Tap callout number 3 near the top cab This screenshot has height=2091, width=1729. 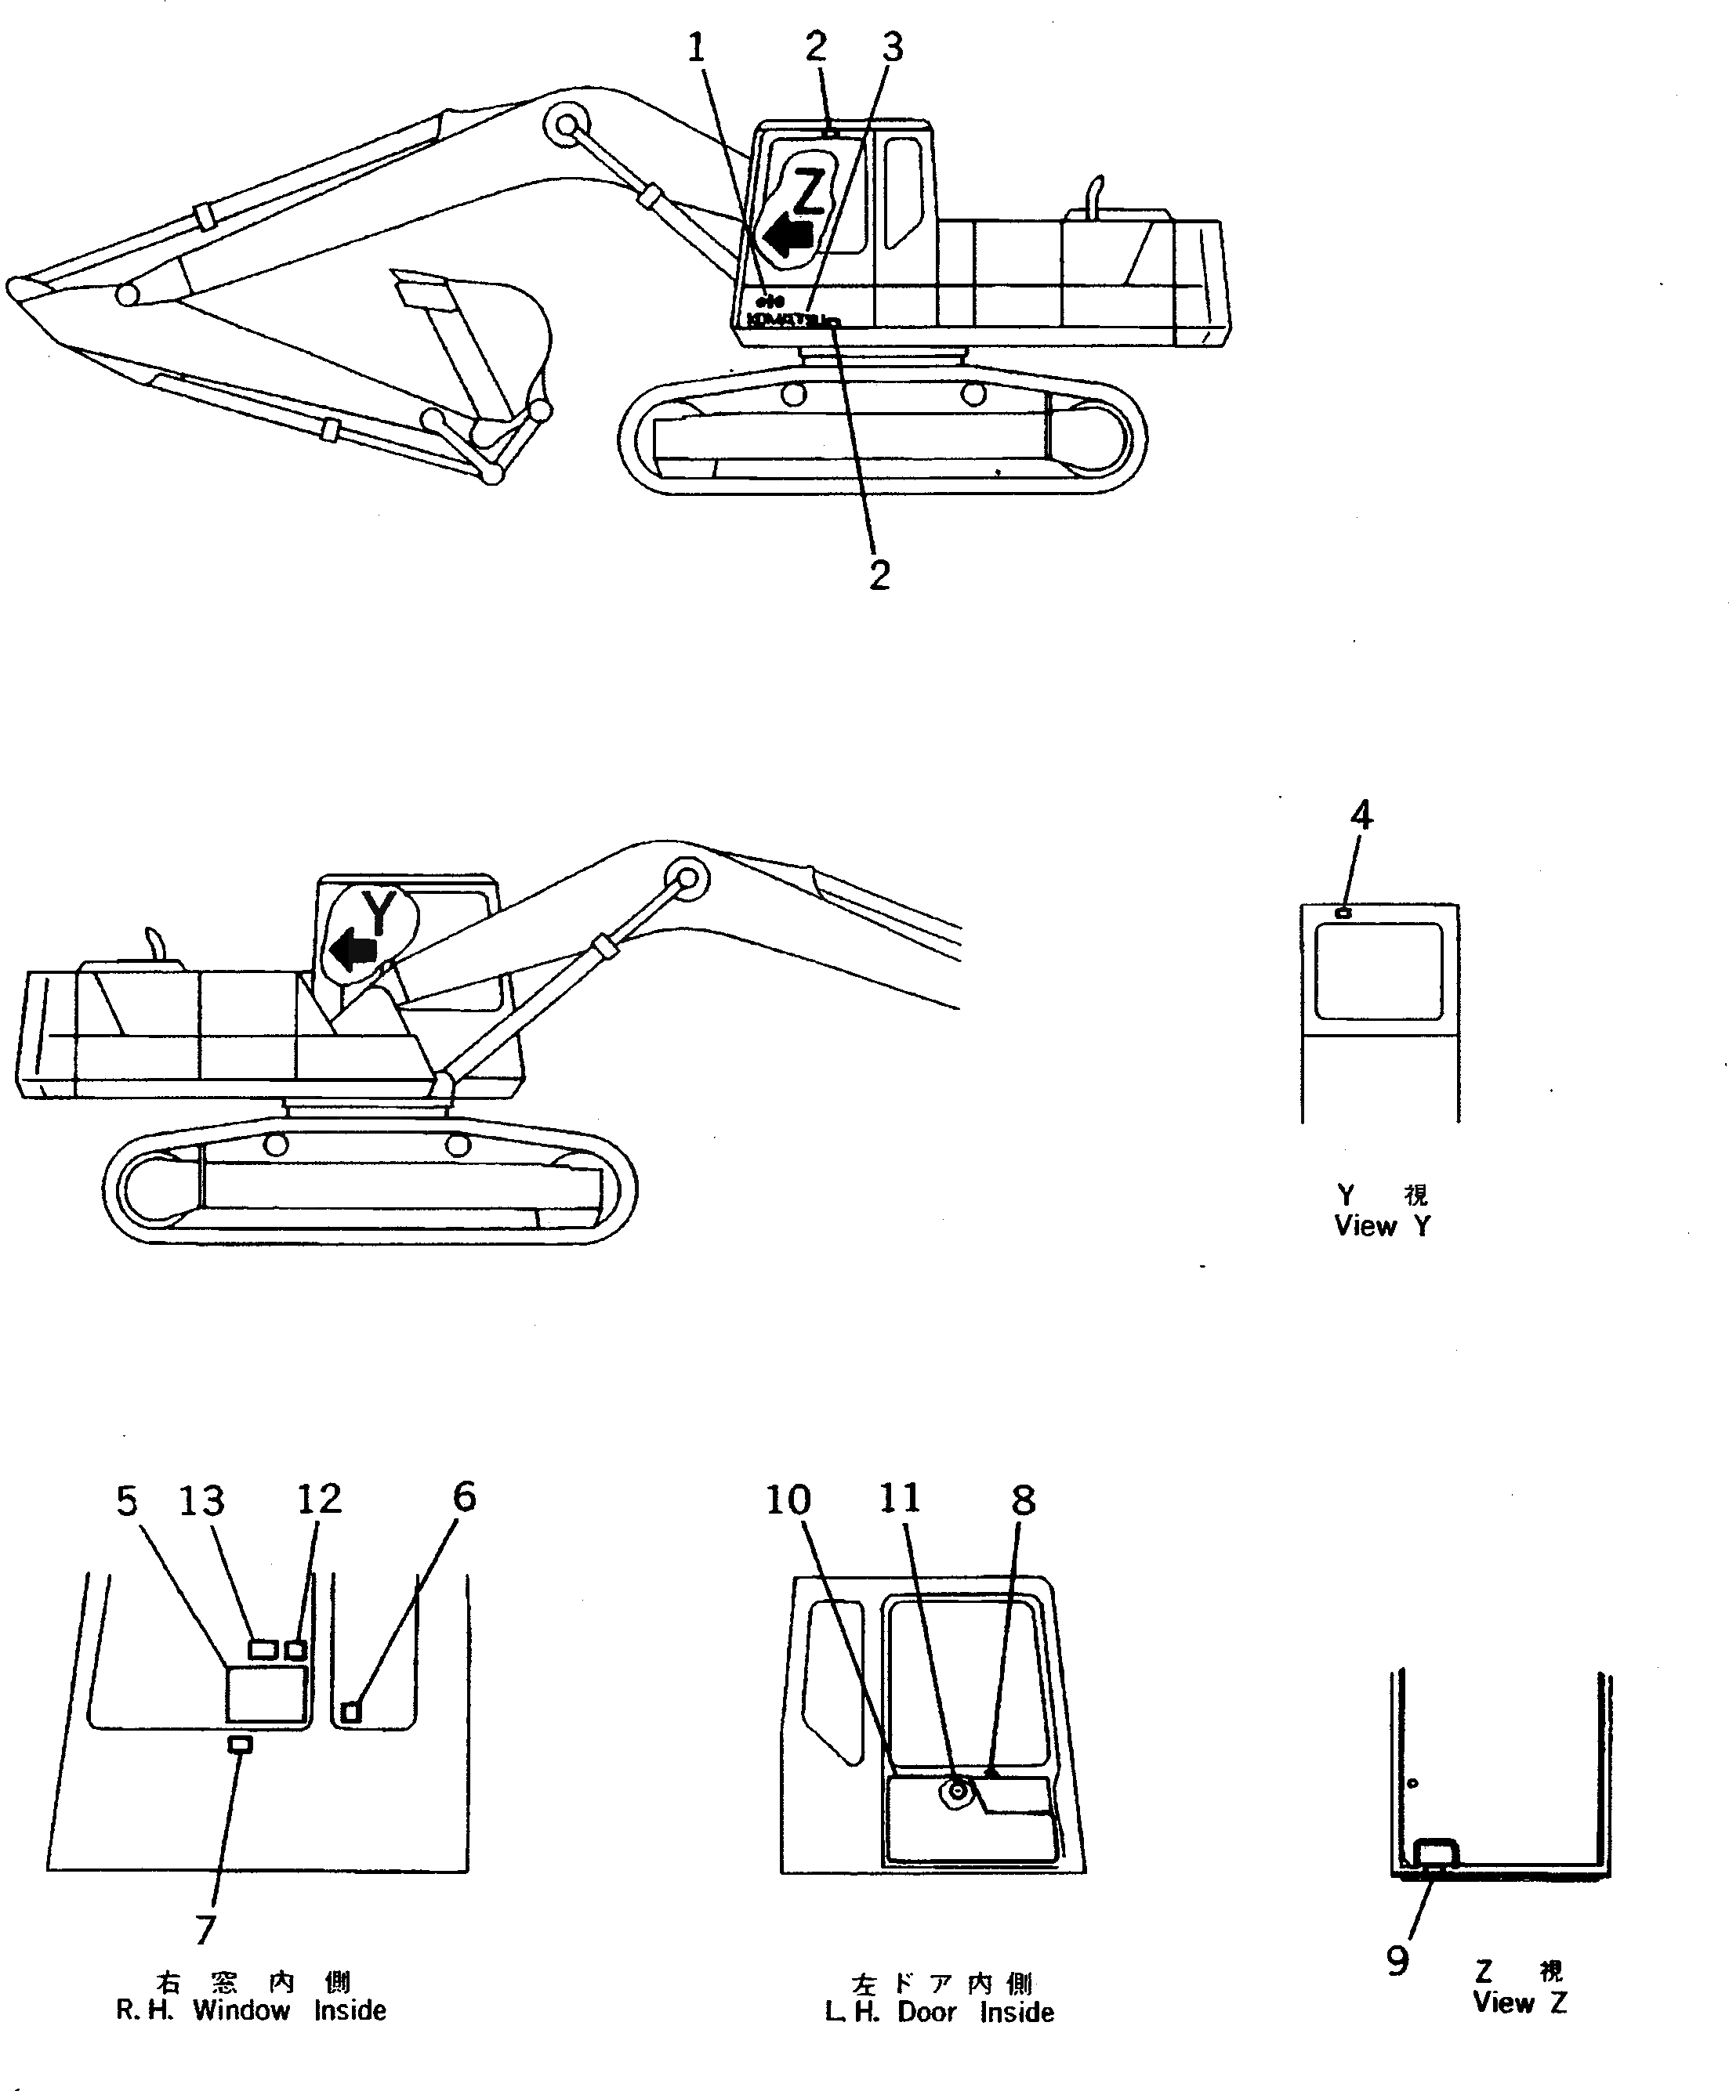coord(893,47)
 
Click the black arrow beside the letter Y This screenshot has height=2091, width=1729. coord(353,950)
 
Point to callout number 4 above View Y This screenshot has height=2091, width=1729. coord(1361,816)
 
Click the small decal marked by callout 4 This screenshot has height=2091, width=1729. coord(1343,913)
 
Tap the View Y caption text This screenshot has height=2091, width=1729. coord(1383,1226)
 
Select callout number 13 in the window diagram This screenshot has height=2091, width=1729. coord(202,1500)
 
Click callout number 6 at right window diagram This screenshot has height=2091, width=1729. coord(464,1496)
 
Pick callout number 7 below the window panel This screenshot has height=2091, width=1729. coord(205,1930)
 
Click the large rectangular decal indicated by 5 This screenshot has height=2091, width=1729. coord(265,1695)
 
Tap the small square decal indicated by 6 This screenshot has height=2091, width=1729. coord(350,1712)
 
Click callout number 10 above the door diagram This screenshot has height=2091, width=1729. coord(788,1500)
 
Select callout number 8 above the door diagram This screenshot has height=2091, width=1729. coord(1023,1500)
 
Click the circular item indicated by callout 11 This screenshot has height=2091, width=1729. coord(958,1790)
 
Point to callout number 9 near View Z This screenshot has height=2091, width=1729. coord(1397,1961)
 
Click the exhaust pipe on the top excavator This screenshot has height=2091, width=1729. coord(1096,192)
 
